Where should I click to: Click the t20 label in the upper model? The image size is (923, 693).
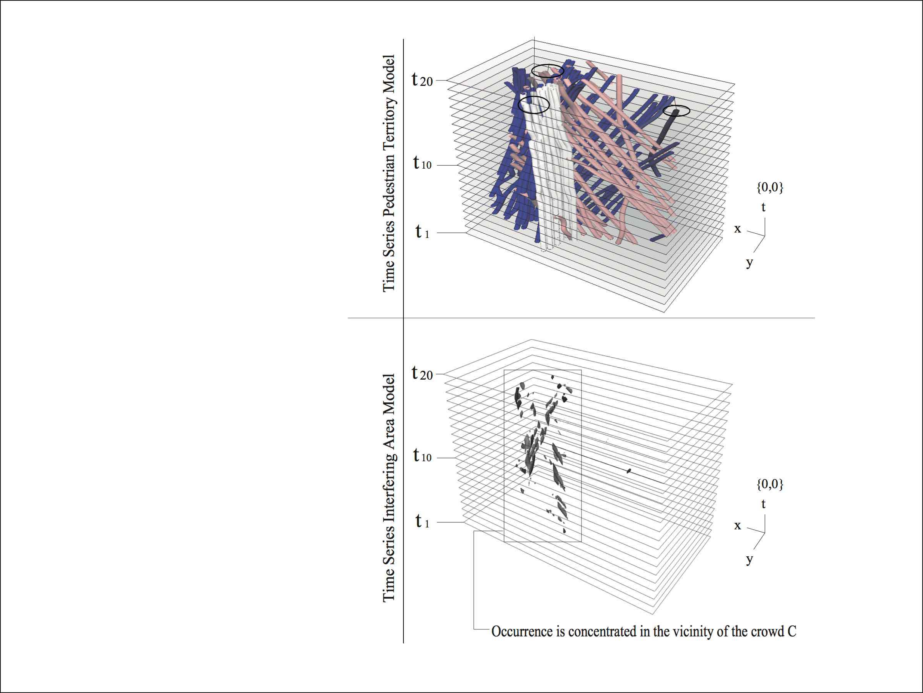[422, 79]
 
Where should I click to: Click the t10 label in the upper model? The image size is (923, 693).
[422, 162]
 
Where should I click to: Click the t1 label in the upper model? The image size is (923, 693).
[422, 231]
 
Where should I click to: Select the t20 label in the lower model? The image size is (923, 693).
[422, 373]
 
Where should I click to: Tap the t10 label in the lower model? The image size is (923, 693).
[422, 455]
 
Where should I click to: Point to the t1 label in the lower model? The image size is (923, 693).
[422, 521]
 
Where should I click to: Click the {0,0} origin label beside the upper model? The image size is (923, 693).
[770, 187]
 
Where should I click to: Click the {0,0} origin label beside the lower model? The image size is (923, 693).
[770, 484]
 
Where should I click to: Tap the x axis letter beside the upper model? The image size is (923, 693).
[738, 229]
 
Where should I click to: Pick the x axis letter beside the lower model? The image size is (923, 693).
[738, 526]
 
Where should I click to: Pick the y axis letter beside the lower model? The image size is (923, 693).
[750, 560]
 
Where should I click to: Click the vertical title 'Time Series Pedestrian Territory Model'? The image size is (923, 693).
[388, 173]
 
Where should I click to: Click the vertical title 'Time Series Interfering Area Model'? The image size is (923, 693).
[388, 487]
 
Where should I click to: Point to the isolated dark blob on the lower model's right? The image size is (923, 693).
[629, 471]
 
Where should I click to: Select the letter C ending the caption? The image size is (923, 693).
[791, 631]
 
